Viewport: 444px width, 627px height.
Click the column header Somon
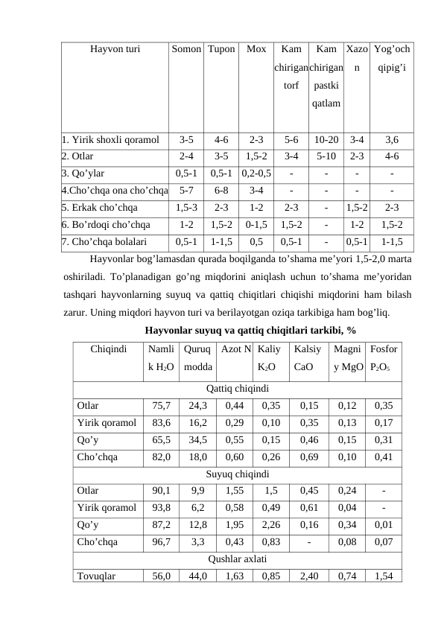click(186, 49)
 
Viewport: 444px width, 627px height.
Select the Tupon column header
click(221, 49)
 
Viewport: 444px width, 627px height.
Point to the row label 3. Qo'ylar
click(88, 173)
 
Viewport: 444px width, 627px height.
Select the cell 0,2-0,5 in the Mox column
click(256, 173)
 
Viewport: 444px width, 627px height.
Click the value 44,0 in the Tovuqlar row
click(198, 576)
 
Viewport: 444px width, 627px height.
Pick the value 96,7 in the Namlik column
click(161, 541)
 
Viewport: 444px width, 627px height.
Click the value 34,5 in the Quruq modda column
click(198, 439)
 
